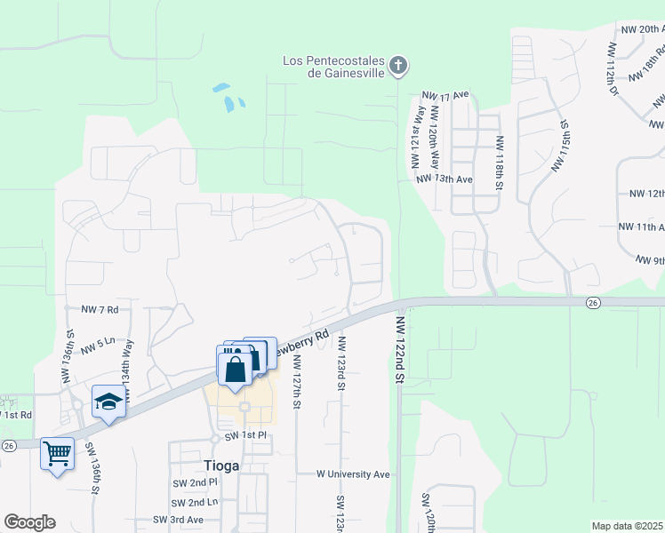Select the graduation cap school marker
[108, 402]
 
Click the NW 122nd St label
[400, 351]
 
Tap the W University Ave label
[354, 474]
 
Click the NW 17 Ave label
[445, 95]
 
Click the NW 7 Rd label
[100, 309]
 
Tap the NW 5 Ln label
[98, 341]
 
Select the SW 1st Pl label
[245, 435]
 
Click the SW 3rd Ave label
[178, 520]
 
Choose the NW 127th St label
[297, 382]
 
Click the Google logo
[29, 521]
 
